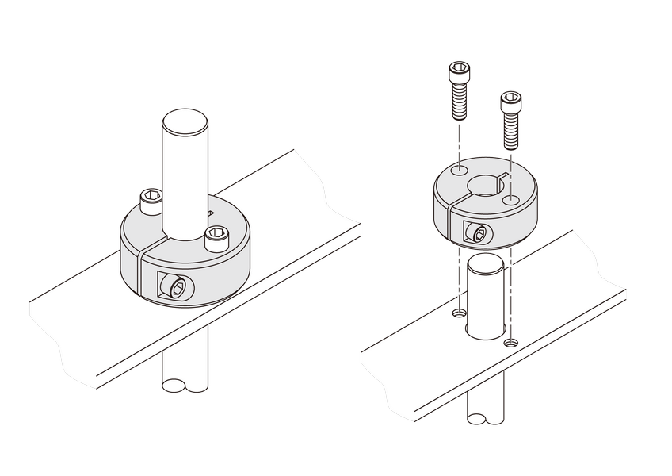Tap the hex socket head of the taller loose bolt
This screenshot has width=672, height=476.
coord(459,74)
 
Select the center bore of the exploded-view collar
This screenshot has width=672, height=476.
coord(483,187)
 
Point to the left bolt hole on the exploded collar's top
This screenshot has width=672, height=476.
coord(459,171)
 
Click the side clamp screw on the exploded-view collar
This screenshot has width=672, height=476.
coord(477,233)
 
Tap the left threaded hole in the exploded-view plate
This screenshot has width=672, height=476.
coord(459,314)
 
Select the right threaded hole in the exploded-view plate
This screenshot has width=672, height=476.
coord(511,343)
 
